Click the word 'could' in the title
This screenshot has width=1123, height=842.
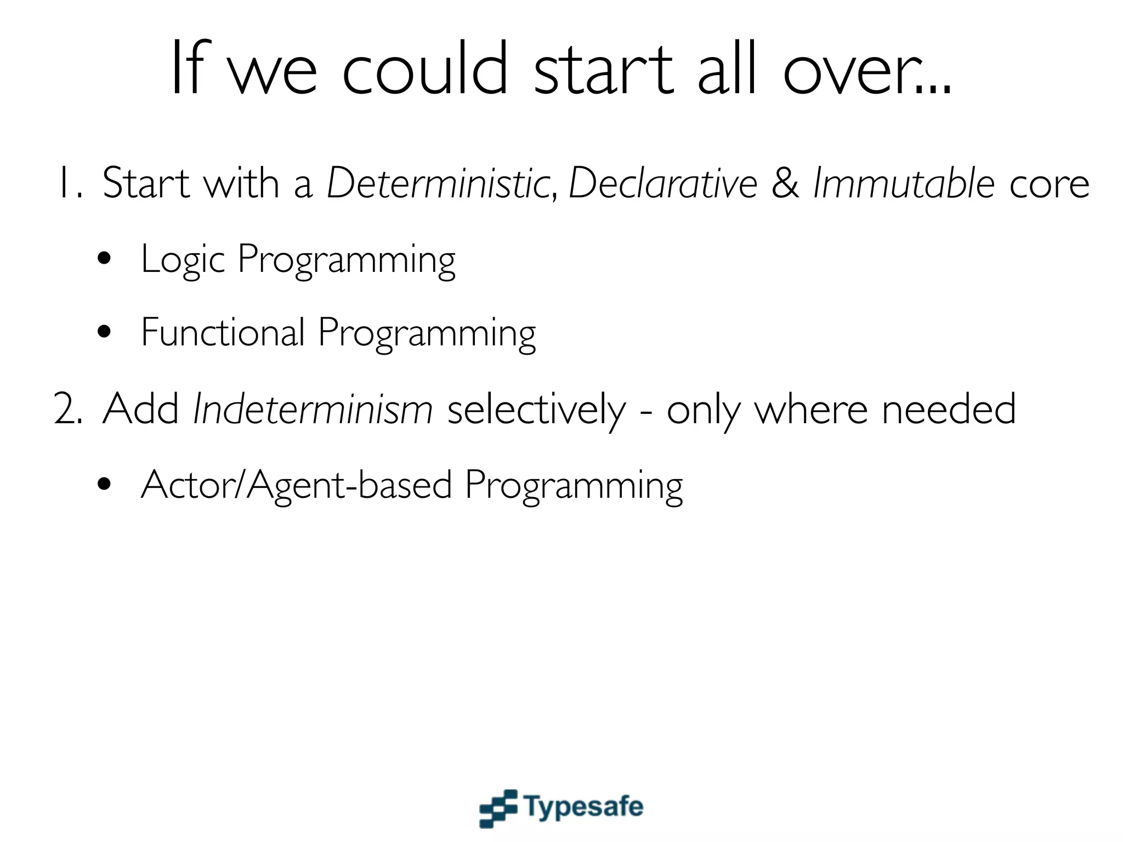point(425,70)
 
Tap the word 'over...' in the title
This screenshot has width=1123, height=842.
point(867,70)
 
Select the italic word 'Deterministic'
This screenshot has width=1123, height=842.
point(438,183)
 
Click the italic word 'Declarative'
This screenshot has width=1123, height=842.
point(662,183)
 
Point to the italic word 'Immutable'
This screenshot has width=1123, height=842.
point(903,183)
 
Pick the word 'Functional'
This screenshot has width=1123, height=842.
point(223,333)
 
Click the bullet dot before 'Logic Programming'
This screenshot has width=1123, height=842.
point(104,259)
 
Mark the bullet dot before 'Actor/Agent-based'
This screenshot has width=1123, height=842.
point(104,484)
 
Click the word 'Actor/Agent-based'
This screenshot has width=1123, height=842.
point(296,485)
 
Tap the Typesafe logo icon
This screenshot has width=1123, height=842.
point(498,808)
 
